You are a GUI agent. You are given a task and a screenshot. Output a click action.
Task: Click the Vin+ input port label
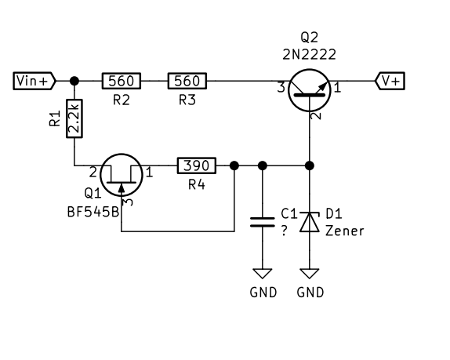pyautogui.click(x=34, y=81)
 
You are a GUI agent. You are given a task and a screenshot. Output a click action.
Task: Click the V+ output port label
pyautogui.click(x=390, y=81)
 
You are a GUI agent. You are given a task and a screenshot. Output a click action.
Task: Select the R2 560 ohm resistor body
pyautogui.click(x=122, y=81)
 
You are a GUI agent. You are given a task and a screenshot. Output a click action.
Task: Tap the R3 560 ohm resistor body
pyautogui.click(x=187, y=81)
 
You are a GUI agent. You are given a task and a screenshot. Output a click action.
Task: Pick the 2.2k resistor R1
pyautogui.click(x=74, y=118)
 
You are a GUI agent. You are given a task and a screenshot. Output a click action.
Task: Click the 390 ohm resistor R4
pyautogui.click(x=197, y=165)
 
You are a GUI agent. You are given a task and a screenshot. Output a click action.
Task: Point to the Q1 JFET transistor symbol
pyautogui.click(x=122, y=175)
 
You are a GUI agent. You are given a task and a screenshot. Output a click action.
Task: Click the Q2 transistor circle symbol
pyautogui.click(x=310, y=90)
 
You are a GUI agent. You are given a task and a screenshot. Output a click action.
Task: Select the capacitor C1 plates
pyautogui.click(x=263, y=222)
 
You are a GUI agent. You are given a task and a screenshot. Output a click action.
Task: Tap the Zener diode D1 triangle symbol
pyautogui.click(x=310, y=222)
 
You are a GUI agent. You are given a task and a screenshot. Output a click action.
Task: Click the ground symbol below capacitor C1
pyautogui.click(x=263, y=274)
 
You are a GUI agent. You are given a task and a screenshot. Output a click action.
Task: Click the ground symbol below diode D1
pyautogui.click(x=310, y=274)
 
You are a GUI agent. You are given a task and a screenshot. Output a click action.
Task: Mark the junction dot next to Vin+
pyautogui.click(x=74, y=81)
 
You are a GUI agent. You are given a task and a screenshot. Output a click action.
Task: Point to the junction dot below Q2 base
pyautogui.click(x=310, y=165)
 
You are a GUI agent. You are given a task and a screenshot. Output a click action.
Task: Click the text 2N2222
pyautogui.click(x=310, y=55)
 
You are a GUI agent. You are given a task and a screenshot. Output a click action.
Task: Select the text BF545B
pyautogui.click(x=93, y=213)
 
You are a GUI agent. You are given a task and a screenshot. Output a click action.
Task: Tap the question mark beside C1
pyautogui.click(x=284, y=231)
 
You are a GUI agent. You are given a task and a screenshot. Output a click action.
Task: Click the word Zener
pyautogui.click(x=345, y=231)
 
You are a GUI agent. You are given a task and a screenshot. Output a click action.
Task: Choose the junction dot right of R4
pyautogui.click(x=234, y=165)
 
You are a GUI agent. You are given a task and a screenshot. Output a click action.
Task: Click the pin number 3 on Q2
pyautogui.click(x=281, y=88)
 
